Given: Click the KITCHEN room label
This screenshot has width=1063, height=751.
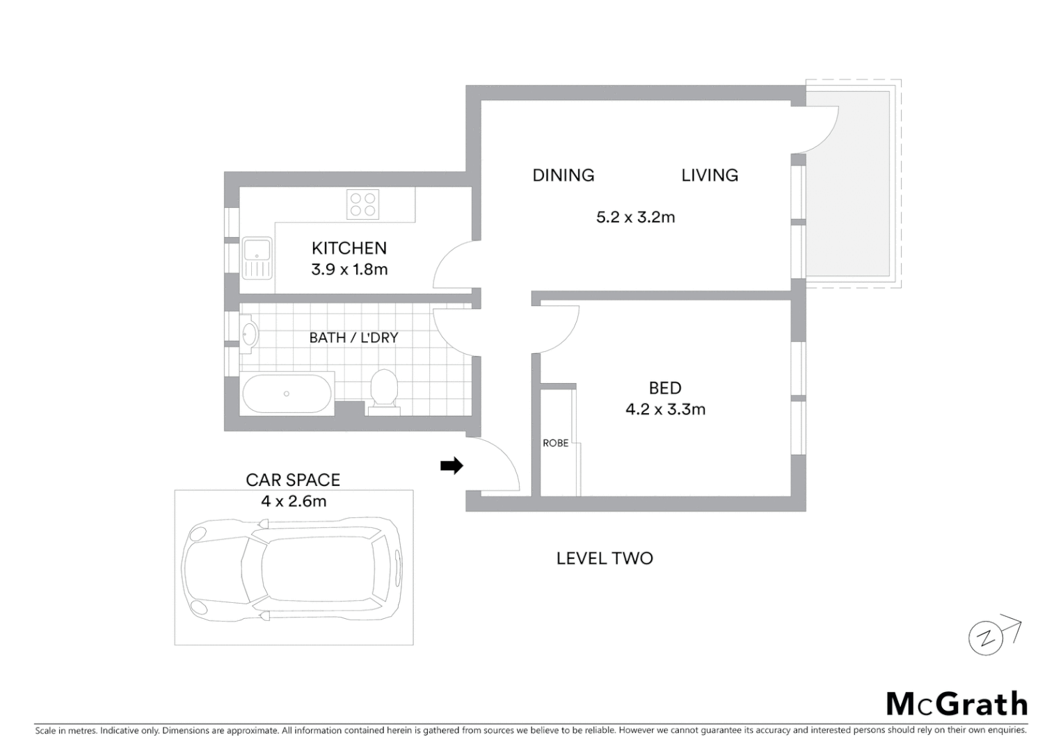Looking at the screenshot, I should tap(349, 248).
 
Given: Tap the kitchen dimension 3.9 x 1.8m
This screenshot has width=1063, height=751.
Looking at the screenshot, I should tap(349, 270).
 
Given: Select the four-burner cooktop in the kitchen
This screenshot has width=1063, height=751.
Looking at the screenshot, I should tap(362, 204).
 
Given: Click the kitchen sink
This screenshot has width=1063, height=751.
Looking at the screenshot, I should tap(257, 258).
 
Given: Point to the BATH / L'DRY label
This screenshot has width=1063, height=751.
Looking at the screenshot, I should tap(353, 338).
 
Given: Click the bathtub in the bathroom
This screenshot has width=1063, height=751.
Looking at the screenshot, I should tap(287, 394).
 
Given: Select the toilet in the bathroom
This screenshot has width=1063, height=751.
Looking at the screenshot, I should tap(384, 391).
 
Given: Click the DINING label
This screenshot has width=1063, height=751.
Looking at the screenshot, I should tap(563, 175).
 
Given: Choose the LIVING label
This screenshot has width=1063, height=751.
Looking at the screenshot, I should tap(710, 175).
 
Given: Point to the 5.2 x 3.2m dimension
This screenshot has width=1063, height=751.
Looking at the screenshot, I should tap(635, 218).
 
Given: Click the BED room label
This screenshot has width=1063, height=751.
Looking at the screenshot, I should tap(665, 388).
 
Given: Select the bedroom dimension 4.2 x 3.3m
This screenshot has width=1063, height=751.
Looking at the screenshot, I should tap(665, 410).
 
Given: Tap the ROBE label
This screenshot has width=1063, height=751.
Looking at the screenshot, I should tap(555, 443).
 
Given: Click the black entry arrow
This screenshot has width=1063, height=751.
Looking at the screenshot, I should tap(451, 466).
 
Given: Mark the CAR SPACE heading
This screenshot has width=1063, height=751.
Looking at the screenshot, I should tap(293, 480).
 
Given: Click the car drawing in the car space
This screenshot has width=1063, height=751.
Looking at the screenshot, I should tap(292, 568).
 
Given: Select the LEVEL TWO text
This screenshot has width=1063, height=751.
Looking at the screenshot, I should tap(605, 558).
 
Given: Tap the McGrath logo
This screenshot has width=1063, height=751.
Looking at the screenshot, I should tap(957, 704).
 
